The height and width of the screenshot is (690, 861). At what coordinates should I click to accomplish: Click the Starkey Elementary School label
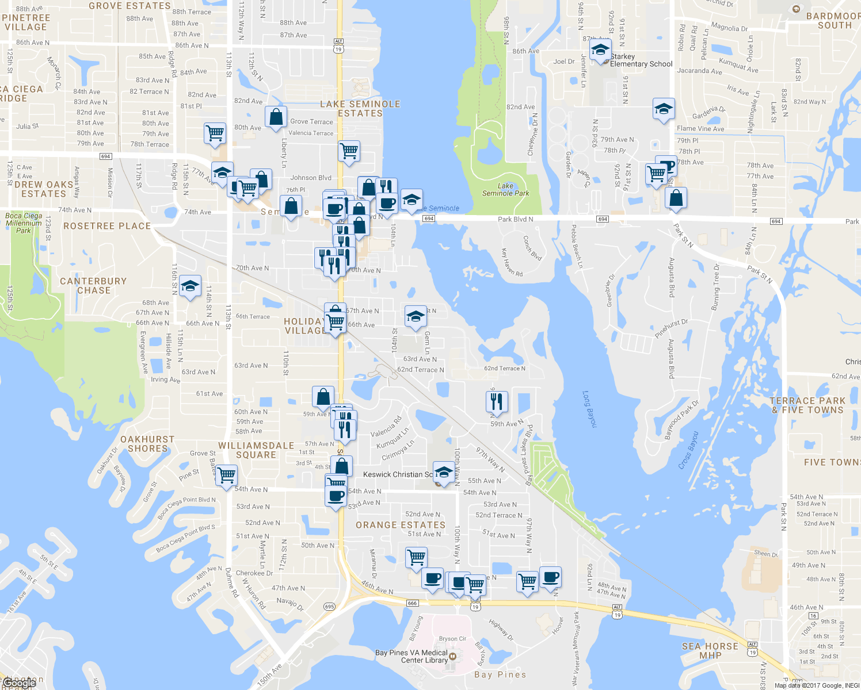[641, 60]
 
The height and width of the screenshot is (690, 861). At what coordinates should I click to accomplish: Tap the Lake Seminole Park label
[505, 190]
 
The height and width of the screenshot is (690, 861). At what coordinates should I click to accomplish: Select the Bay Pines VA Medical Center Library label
[412, 656]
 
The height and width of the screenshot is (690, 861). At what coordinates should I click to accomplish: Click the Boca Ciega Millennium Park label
[24, 223]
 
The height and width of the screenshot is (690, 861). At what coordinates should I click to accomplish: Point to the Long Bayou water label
[590, 409]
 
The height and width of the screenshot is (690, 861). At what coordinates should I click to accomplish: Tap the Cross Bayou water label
[688, 450]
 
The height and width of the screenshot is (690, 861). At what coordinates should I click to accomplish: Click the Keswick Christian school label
[397, 474]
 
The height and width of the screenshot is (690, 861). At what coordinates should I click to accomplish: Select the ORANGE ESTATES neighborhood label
[401, 525]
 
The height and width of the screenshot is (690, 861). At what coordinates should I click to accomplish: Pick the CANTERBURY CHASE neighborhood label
[93, 286]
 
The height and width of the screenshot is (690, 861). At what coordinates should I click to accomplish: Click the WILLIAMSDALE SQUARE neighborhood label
[256, 450]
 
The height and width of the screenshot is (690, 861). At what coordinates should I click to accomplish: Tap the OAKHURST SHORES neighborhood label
[147, 444]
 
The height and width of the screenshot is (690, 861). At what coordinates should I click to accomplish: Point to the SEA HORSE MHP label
[710, 651]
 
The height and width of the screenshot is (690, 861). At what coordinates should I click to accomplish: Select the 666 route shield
[412, 603]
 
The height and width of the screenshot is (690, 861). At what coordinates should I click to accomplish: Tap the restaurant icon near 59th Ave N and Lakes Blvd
[497, 401]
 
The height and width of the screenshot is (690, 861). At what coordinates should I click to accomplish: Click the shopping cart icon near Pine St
[226, 475]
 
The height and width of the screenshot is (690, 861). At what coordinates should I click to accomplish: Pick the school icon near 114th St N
[190, 286]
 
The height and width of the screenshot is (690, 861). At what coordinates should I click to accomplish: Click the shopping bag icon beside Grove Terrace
[276, 117]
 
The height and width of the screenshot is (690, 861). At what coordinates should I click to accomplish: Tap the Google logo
[20, 683]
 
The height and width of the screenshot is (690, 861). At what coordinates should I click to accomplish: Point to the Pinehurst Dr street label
[671, 328]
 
